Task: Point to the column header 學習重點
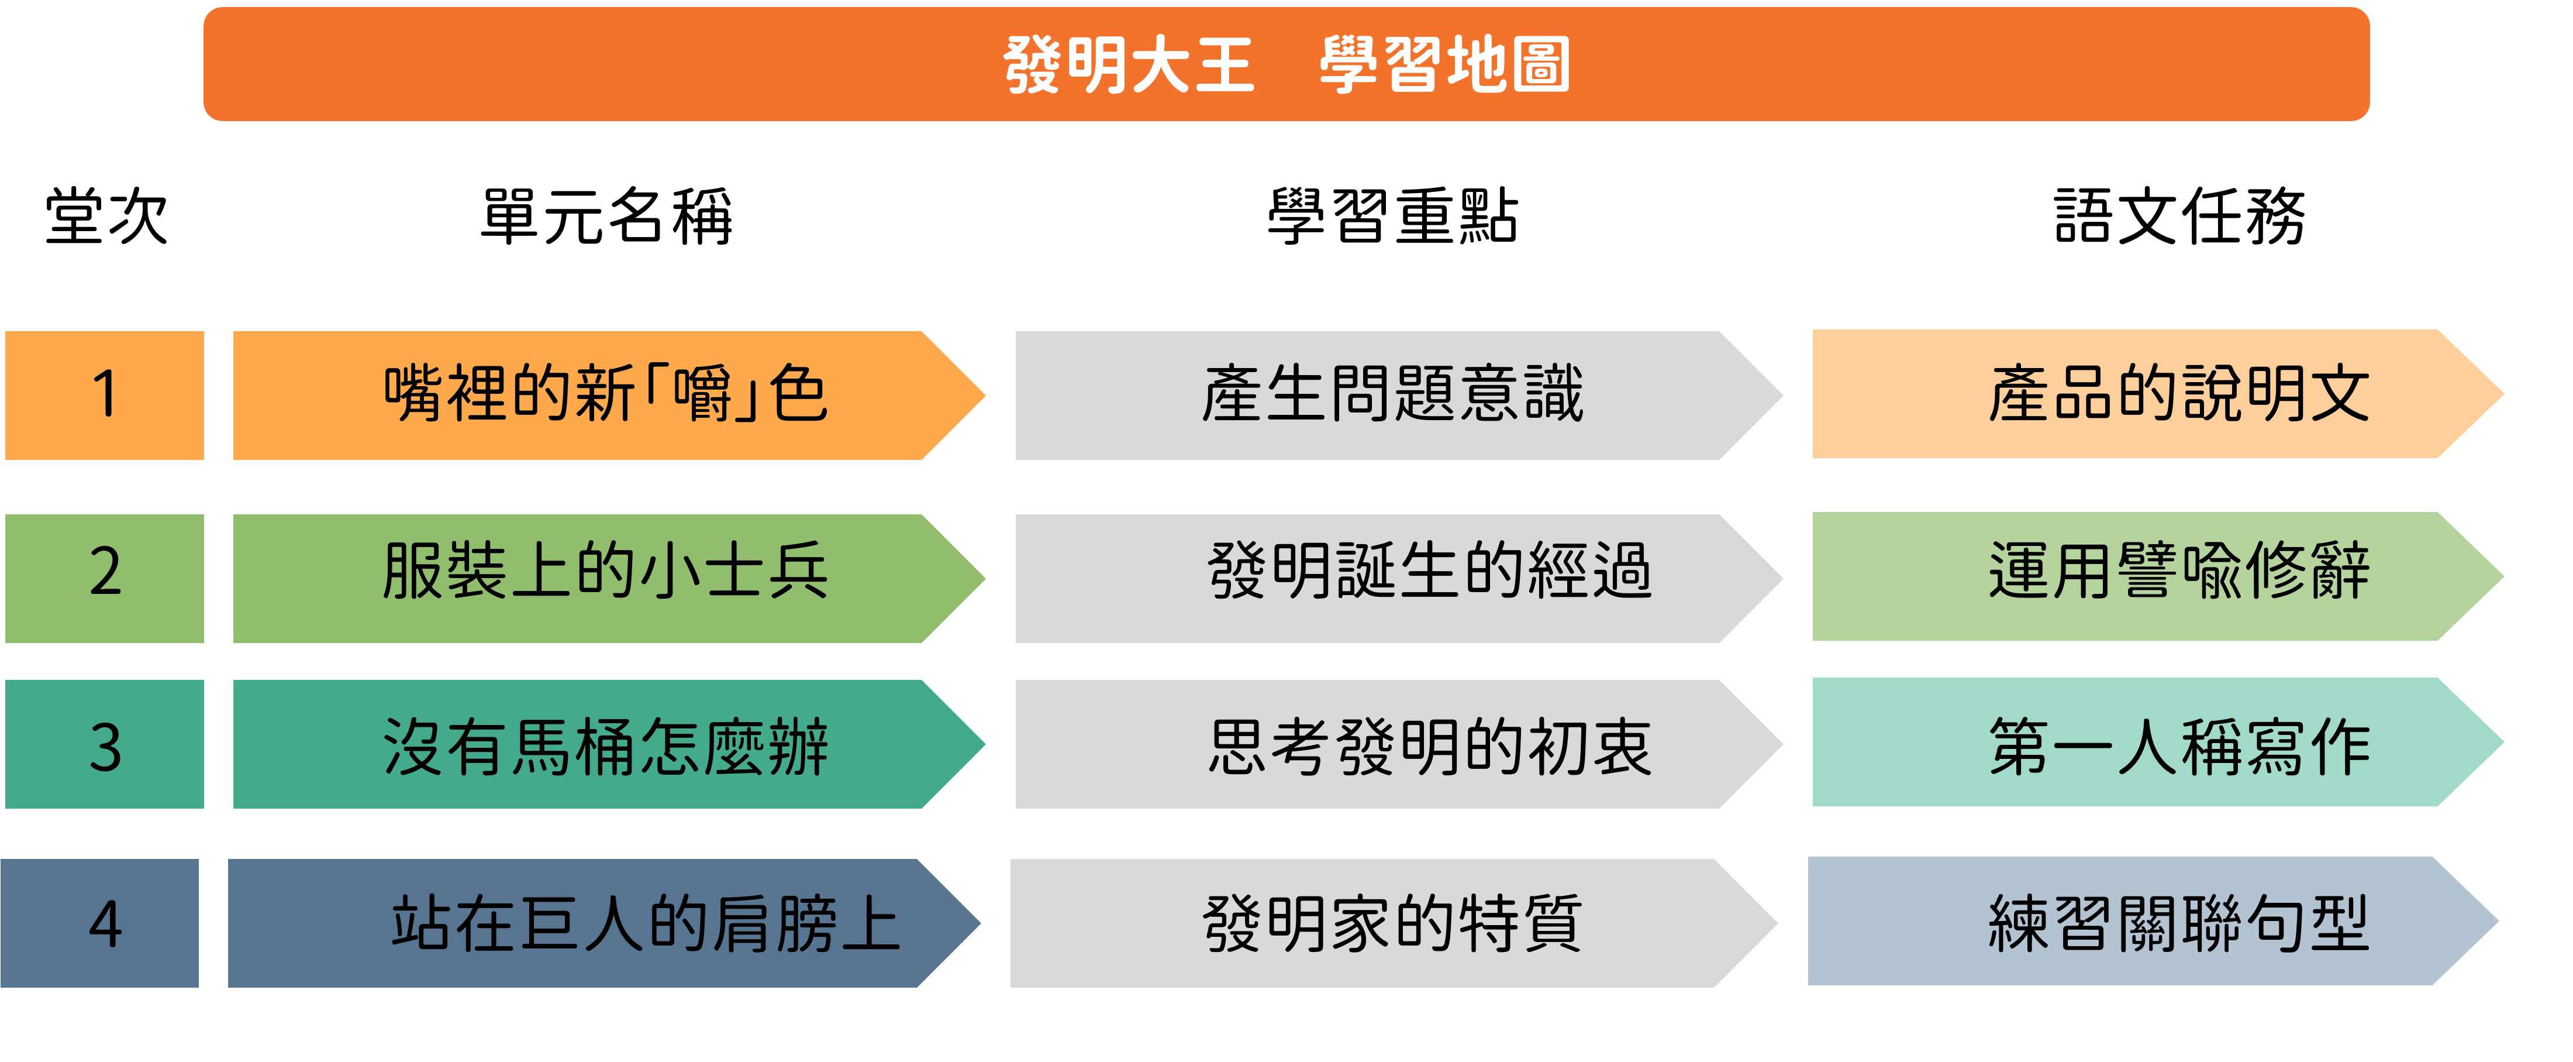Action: click(1392, 216)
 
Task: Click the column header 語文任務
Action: click(2179, 216)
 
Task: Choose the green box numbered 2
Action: click(105, 579)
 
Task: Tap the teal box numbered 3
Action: click(105, 744)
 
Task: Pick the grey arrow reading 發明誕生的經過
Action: click(1398, 579)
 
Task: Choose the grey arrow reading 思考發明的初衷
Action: click(1398, 744)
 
